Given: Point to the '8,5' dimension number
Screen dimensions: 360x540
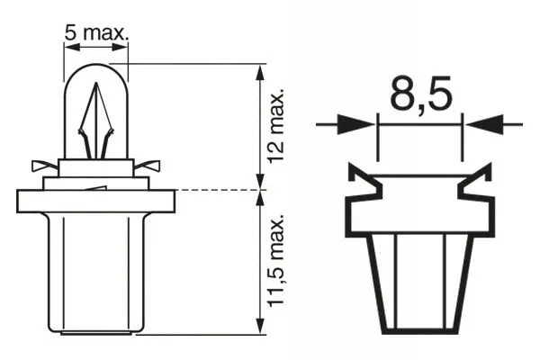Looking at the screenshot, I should click(419, 94).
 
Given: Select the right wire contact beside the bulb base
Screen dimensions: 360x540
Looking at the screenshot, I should click(148, 166).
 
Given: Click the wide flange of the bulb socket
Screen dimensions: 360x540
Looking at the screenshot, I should click(95, 200).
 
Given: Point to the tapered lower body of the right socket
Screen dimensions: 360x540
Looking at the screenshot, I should click(418, 279).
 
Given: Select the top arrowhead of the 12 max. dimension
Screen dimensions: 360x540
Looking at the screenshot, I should click(261, 71).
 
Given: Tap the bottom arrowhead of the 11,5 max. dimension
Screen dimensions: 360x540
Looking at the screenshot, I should click(261, 327).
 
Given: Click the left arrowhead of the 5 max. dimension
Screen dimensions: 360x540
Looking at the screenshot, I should click(67, 49).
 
